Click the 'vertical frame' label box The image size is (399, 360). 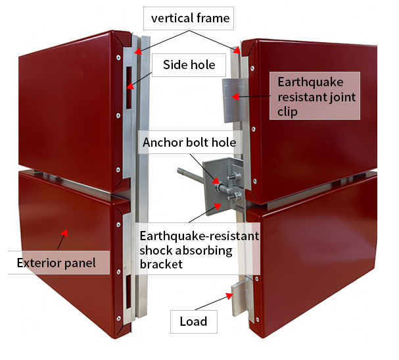click(x=189, y=18)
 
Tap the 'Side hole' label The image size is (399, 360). click(x=189, y=65)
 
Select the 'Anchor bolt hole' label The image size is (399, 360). click(x=190, y=142)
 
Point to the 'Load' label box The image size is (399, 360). click(x=194, y=322)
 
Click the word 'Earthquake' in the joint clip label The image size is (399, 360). click(x=310, y=82)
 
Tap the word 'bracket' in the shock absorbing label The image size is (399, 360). click(x=161, y=264)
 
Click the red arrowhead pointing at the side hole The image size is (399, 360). click(x=130, y=86)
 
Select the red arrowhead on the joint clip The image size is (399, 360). click(x=235, y=97)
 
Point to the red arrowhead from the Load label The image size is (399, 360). click(x=229, y=296)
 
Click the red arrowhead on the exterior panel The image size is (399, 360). click(x=64, y=232)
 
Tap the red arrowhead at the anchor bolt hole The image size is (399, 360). click(x=216, y=180)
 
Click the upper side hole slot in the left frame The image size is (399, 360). click(x=129, y=88)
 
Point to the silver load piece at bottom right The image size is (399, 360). click(x=241, y=297)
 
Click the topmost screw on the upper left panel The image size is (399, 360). click(x=118, y=57)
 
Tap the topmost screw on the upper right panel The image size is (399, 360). click(x=252, y=68)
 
